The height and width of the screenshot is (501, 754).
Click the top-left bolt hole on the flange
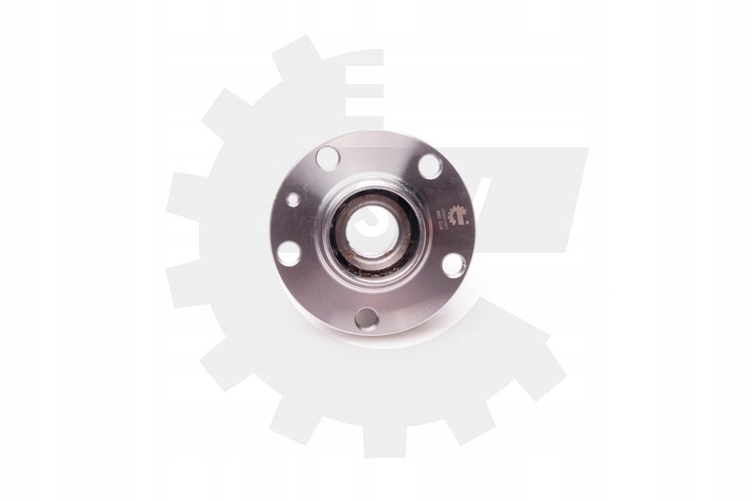[x=327, y=156]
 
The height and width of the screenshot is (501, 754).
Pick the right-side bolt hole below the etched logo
[x=452, y=264]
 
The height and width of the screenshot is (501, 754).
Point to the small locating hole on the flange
[x=294, y=200]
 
